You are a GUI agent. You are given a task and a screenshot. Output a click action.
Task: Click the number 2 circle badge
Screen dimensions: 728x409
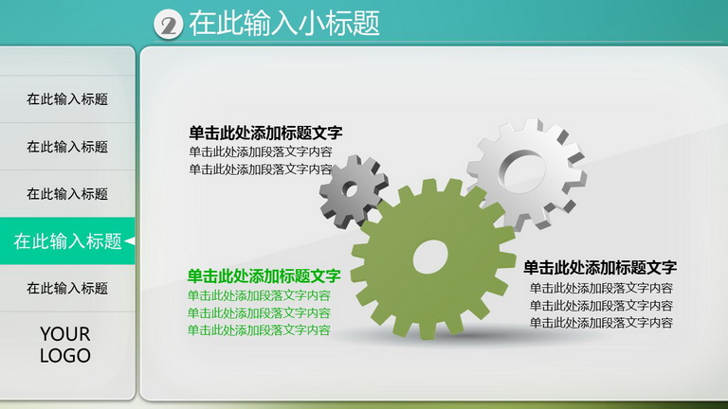[168, 25]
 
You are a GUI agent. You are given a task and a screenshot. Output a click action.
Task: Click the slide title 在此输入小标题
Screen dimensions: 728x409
[284, 23]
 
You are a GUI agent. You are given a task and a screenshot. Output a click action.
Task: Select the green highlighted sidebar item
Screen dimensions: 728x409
[67, 241]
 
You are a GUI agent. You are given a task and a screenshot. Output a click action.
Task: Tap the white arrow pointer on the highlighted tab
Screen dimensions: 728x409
[130, 241]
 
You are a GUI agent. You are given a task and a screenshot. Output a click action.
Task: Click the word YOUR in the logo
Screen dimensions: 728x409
[65, 334]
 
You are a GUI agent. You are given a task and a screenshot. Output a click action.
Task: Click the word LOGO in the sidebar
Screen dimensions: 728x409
[65, 356]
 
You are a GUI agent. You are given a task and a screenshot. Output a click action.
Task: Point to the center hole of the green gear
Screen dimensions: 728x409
[430, 257]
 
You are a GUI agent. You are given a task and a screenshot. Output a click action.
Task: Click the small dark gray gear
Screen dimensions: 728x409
[353, 190]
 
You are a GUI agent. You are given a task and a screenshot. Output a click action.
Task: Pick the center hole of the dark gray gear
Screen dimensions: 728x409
[350, 189]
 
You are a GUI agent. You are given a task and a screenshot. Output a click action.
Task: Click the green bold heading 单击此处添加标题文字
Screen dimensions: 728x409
[264, 276]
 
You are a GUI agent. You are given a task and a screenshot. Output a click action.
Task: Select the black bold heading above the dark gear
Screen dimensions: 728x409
[265, 133]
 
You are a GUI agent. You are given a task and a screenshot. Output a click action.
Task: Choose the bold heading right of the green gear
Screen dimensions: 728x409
[600, 268]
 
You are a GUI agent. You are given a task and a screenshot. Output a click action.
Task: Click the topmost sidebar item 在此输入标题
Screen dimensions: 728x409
[67, 99]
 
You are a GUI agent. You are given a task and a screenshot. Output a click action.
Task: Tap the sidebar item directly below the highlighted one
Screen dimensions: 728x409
[67, 289]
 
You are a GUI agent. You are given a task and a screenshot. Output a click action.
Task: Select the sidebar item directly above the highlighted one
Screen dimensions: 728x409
[67, 194]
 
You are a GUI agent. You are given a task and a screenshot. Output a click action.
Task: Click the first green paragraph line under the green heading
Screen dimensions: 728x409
[259, 295]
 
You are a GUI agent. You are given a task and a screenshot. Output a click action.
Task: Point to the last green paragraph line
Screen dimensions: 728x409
[259, 330]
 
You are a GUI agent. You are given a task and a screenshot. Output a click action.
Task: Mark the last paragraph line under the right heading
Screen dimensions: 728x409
[601, 323]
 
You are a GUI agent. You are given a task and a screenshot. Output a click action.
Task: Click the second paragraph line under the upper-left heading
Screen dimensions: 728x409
[261, 169]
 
